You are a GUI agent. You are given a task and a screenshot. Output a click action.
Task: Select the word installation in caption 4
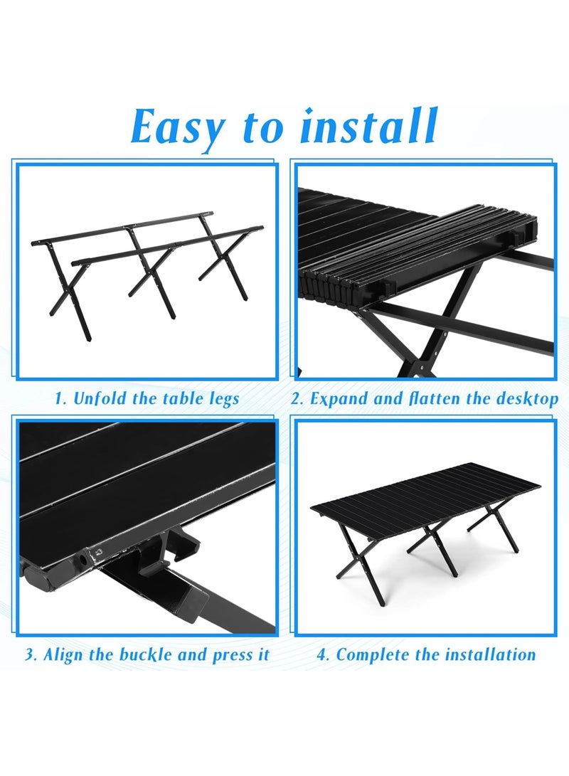(490, 654)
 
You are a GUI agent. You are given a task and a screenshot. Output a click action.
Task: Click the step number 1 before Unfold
(59, 399)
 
